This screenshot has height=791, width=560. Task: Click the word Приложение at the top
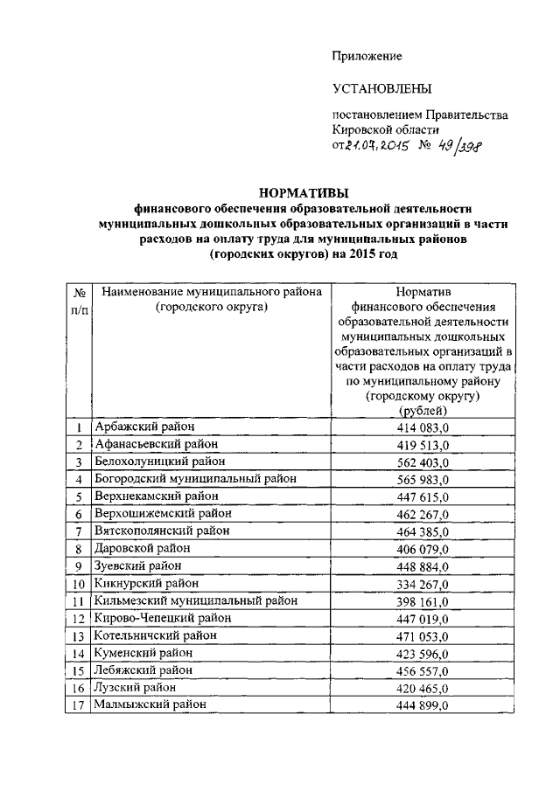tap(366, 56)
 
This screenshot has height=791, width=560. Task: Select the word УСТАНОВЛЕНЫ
tap(382, 89)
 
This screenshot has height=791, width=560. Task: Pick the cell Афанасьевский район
tap(150, 444)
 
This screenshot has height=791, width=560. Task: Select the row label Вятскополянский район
tap(163, 531)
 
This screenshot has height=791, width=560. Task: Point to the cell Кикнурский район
tap(147, 583)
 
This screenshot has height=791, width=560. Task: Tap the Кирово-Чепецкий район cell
tap(163, 618)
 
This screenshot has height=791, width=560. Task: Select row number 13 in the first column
tap(79, 636)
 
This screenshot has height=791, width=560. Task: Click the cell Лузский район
tap(136, 688)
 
